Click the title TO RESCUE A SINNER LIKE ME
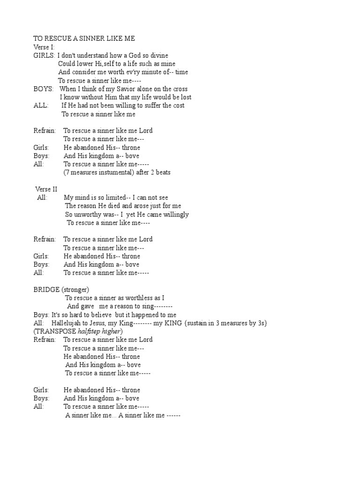point(84,38)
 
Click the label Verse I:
point(44,47)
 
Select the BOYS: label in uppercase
point(43,89)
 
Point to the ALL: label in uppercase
point(41,105)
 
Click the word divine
point(159,55)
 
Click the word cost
point(179,105)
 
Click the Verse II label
point(46,189)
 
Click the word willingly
point(172,214)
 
